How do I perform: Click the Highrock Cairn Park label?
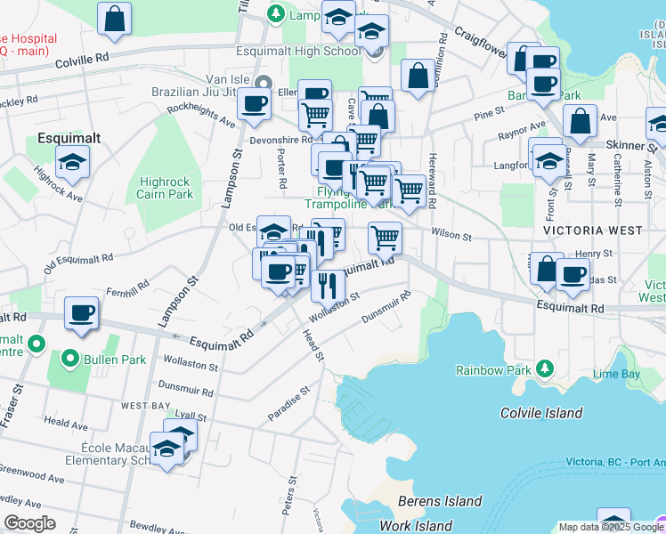pos(166,188)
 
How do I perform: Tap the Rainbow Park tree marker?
pos(543,369)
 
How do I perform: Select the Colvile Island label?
pos(540,413)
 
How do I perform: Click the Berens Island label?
pos(440,502)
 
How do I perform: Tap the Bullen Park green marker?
pos(69,360)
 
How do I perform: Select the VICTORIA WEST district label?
pos(592,231)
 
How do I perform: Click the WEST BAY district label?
pos(146,406)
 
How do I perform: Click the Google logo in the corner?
pos(29,523)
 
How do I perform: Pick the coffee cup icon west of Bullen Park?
pos(82,313)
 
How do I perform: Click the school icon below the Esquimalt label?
pos(72,162)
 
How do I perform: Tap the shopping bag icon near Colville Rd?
pos(115,20)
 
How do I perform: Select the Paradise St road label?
pos(288,404)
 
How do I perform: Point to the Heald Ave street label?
pos(66,426)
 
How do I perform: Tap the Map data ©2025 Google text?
pos(609,527)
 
